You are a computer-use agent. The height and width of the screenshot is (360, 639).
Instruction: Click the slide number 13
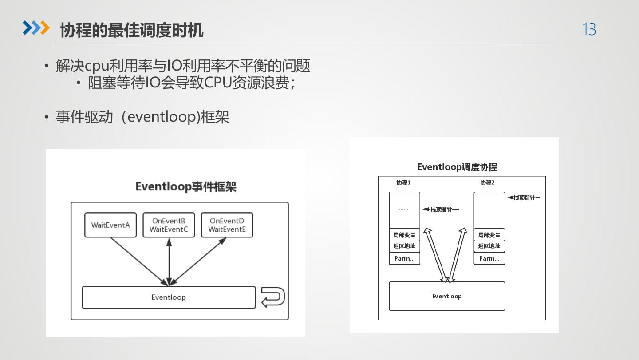(x=589, y=29)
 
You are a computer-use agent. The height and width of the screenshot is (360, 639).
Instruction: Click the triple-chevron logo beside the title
(x=36, y=28)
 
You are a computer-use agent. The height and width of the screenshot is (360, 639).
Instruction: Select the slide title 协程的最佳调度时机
(x=131, y=30)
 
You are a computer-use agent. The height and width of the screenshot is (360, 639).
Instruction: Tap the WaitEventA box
(x=110, y=225)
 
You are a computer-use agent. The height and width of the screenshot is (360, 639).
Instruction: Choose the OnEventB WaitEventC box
(x=169, y=225)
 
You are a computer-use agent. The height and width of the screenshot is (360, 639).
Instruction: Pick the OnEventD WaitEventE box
(x=227, y=225)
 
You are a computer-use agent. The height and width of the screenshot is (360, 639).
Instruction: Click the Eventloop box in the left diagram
(x=169, y=297)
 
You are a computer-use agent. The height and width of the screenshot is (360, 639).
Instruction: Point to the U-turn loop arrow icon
(x=272, y=297)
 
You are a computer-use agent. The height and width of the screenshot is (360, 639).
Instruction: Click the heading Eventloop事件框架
(x=186, y=186)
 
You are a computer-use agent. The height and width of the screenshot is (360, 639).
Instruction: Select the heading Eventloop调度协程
(x=457, y=167)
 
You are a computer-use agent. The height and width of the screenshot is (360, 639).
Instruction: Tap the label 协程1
(x=403, y=182)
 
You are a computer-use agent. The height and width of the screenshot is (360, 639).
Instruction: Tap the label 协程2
(x=487, y=182)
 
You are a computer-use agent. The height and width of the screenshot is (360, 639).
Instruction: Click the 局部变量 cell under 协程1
(x=404, y=235)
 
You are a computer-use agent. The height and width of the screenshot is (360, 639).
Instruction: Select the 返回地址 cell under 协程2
(x=489, y=246)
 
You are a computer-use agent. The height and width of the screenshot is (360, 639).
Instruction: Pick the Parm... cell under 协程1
(x=404, y=258)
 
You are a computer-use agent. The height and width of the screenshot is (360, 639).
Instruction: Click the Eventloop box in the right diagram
(x=447, y=296)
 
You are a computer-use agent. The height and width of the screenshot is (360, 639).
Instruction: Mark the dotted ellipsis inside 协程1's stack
(x=403, y=209)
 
